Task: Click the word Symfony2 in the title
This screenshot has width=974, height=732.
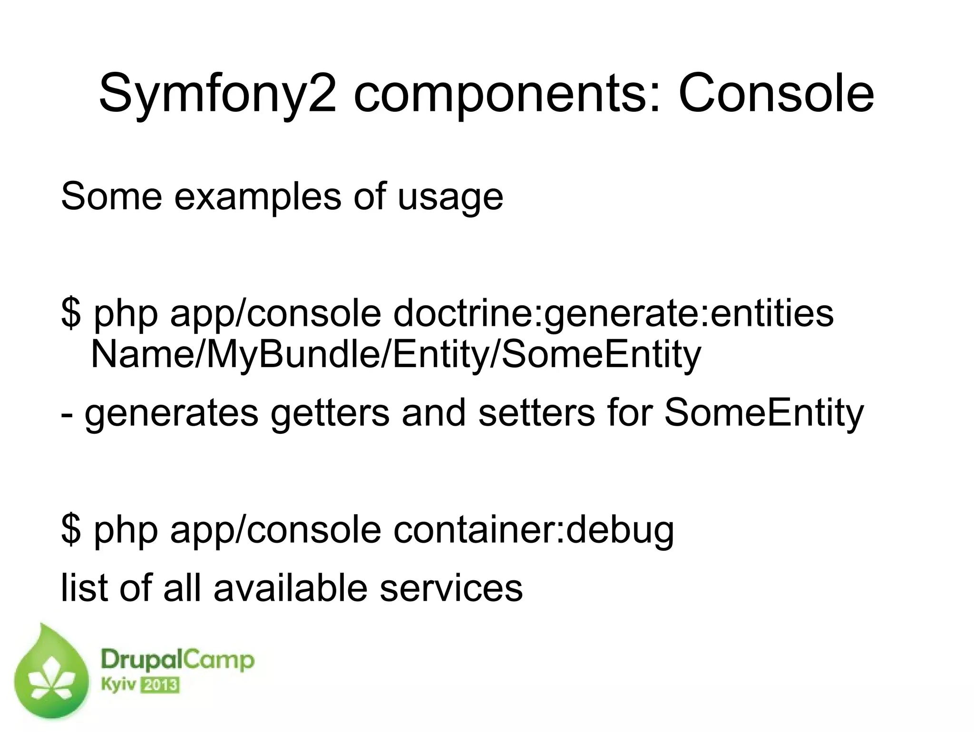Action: tap(217, 95)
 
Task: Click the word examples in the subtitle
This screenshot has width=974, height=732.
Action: tap(257, 197)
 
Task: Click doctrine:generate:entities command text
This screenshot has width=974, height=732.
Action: tap(613, 314)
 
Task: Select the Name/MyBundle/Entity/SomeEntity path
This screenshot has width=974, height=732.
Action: tap(396, 355)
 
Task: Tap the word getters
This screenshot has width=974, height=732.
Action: tap(330, 413)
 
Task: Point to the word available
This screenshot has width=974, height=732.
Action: tap(290, 588)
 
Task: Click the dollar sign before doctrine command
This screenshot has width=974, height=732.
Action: tap(71, 314)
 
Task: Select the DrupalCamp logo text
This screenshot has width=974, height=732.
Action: tap(177, 661)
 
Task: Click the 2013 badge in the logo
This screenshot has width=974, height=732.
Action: tap(161, 685)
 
